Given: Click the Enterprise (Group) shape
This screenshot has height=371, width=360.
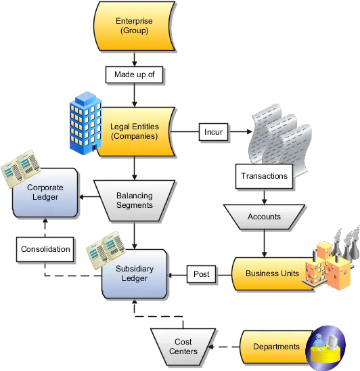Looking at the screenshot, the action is click(x=135, y=26).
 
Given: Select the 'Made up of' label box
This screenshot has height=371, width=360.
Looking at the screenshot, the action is click(x=134, y=74).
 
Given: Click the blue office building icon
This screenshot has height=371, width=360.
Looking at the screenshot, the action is click(x=86, y=123).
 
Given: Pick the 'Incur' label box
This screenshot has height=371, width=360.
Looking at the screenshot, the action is click(x=213, y=132).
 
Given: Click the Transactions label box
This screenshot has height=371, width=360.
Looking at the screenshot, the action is click(x=264, y=176).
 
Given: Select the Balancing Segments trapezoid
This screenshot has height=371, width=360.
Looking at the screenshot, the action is click(x=135, y=201).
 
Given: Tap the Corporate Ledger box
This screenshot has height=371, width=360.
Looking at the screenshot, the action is click(x=45, y=192).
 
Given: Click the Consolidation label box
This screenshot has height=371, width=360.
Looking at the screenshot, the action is click(x=45, y=249).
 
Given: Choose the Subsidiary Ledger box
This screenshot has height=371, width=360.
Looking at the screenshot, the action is click(x=135, y=274).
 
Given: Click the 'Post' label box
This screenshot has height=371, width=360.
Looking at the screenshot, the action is click(x=201, y=274).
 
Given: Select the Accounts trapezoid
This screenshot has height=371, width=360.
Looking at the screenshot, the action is click(x=264, y=217).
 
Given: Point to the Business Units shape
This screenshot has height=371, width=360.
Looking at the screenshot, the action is click(x=272, y=274).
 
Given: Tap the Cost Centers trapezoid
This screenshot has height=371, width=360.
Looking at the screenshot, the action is click(x=183, y=347).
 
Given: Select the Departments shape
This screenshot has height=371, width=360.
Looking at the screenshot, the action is click(x=276, y=347).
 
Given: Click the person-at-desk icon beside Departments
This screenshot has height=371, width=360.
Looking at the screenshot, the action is click(x=325, y=347).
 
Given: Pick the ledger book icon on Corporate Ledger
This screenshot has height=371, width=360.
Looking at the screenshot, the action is click(x=21, y=169).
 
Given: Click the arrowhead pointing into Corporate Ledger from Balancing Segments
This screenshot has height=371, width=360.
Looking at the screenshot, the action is click(x=81, y=197).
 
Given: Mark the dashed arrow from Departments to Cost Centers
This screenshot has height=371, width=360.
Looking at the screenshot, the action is click(x=224, y=347).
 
